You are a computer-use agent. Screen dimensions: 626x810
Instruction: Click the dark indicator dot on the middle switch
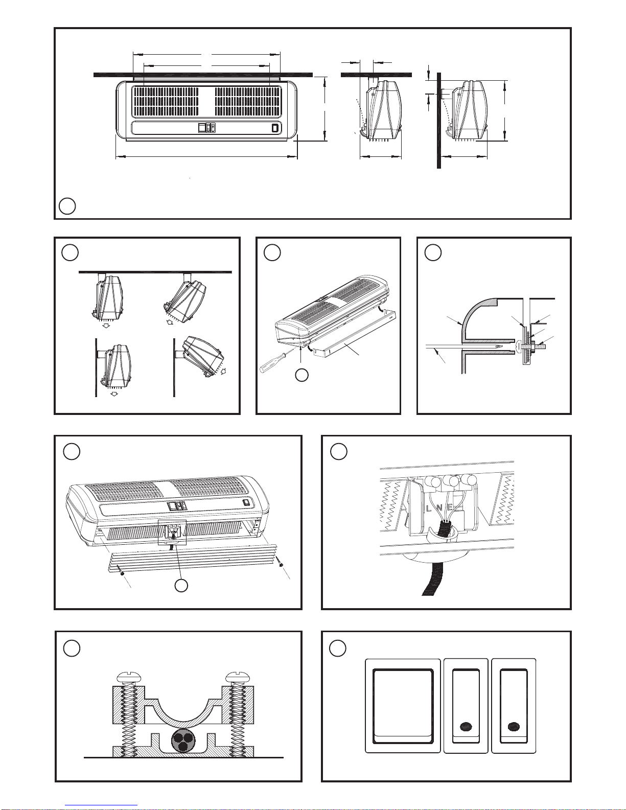pos(466,726)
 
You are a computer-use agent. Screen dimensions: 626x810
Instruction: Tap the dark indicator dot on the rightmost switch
pos(513,726)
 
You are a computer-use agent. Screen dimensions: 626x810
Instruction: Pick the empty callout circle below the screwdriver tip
pos(302,375)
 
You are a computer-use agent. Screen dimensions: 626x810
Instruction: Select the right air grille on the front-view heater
pos(247,101)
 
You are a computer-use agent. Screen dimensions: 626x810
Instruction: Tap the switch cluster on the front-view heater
pos(206,128)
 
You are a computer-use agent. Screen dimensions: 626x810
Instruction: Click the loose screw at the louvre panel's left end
pos(122,573)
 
